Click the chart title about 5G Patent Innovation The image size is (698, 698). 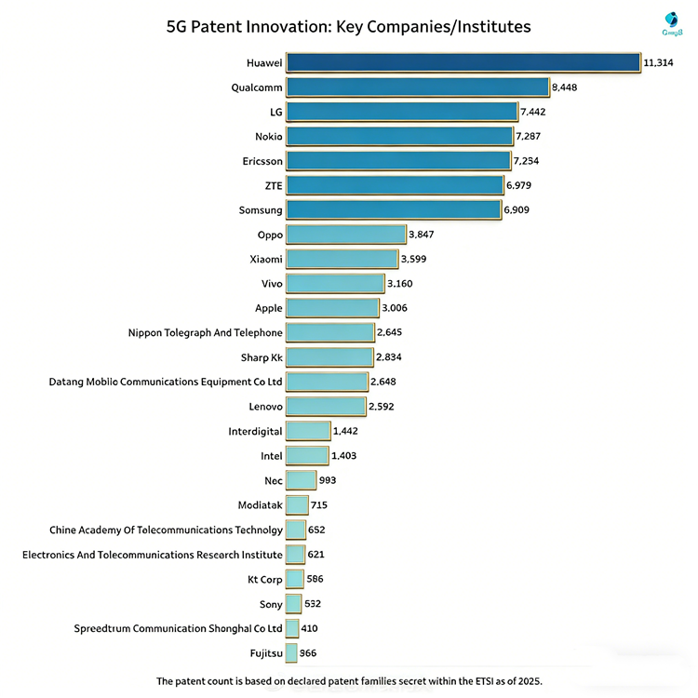click(348, 26)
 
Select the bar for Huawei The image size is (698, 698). click(463, 62)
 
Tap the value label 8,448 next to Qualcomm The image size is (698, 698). click(567, 87)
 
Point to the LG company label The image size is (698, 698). click(275, 112)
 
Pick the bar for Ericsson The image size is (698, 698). click(397, 161)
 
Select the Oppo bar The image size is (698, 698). click(345, 235)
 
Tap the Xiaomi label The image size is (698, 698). click(266, 259)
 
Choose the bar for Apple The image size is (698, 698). click(332, 308)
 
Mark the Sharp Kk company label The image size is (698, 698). click(262, 357)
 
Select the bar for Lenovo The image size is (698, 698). click(326, 406)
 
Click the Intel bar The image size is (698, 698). click(307, 455)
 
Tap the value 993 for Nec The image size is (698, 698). click(328, 480)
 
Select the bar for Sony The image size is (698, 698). click(293, 603)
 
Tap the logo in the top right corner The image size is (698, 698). click(671, 24)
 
